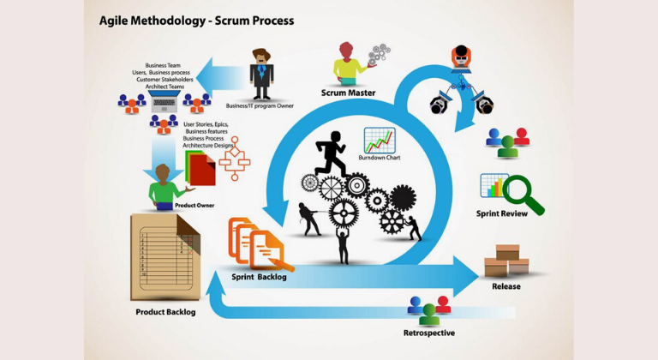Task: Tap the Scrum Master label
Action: (350, 93)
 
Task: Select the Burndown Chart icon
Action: (379, 141)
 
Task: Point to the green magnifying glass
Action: (522, 195)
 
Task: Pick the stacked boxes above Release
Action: (506, 261)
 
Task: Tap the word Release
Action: (505, 286)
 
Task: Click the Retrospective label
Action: (428, 333)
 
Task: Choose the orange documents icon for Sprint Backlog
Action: (256, 243)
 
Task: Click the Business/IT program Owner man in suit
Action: (261, 74)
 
